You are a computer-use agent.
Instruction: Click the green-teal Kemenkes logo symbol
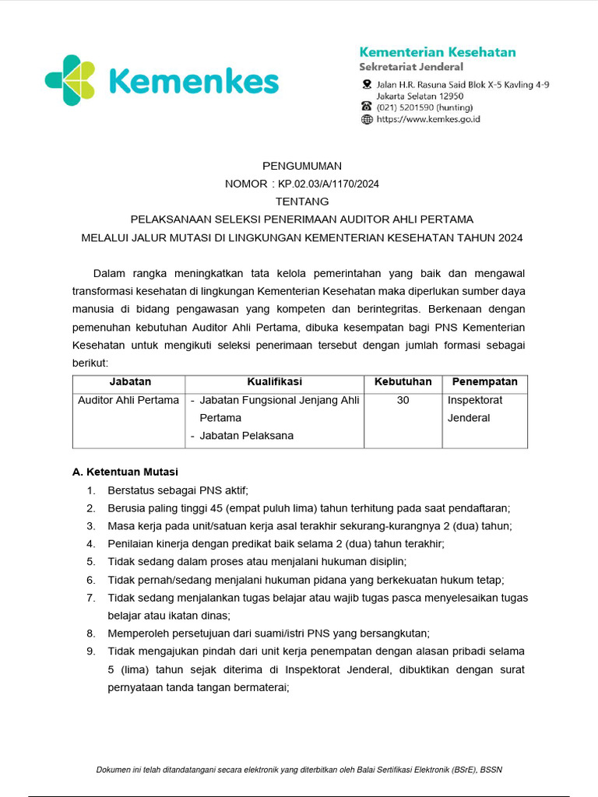point(70,80)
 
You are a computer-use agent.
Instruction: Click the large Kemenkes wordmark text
point(193,81)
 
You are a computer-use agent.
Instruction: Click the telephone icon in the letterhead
point(367,107)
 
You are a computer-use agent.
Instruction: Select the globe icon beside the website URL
point(367,119)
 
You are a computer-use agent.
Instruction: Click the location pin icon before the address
point(367,84)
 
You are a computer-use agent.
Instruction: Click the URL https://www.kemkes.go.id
point(428,119)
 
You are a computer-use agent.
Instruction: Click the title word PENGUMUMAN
point(301,166)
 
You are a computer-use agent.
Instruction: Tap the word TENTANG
point(301,202)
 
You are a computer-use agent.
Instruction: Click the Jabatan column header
point(130,382)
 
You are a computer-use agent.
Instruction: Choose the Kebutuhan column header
point(403,382)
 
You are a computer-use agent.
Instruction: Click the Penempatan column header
point(484,382)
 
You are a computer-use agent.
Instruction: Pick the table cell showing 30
point(403,400)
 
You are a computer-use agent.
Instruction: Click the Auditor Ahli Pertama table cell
point(128,400)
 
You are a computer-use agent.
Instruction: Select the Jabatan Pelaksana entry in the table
point(246,436)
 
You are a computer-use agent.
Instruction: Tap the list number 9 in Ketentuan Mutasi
point(91,651)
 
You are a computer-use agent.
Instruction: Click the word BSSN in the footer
point(491,770)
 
